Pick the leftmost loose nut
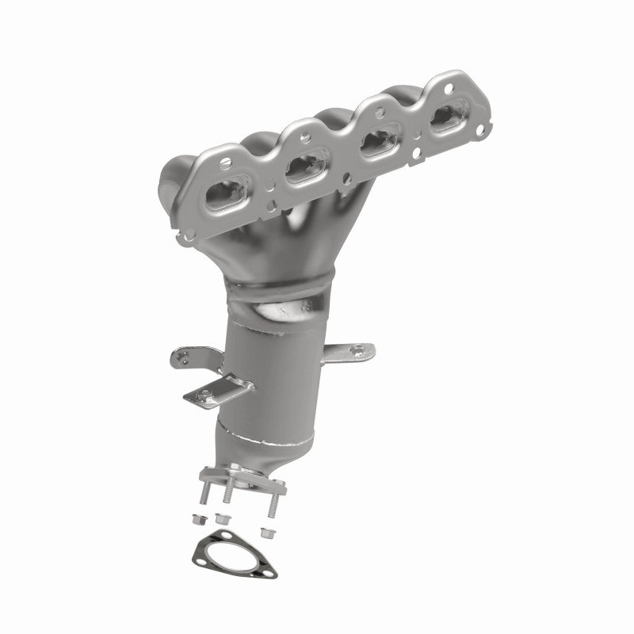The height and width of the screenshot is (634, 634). [198, 520]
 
